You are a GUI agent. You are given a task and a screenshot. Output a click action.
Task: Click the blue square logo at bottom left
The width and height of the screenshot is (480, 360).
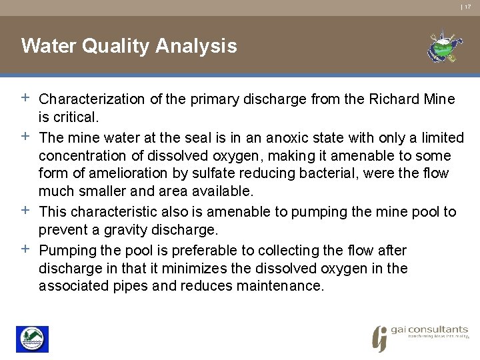click(32, 339)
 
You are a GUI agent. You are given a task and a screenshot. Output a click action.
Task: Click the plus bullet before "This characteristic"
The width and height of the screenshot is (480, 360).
click(25, 211)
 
